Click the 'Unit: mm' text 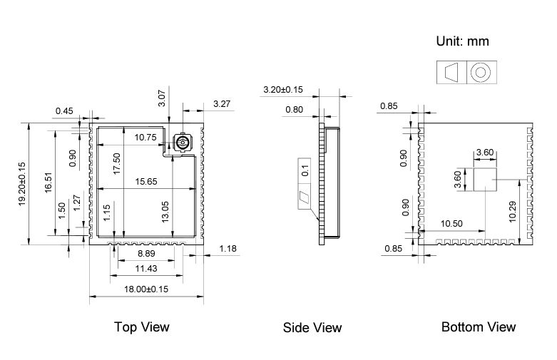tap(463, 41)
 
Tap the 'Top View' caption tap(142, 327)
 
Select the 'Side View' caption tap(312, 328)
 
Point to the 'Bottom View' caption tap(479, 327)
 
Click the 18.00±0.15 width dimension tap(146, 289)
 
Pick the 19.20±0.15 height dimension tap(22, 184)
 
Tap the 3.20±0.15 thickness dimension tap(283, 90)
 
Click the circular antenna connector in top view tap(182, 143)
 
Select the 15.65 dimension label tap(146, 182)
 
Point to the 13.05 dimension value tap(165, 212)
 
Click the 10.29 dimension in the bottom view tap(513, 212)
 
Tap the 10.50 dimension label tap(451, 224)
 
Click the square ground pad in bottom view tap(485, 180)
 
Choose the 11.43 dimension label tap(146, 269)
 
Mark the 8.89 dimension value tap(146, 254)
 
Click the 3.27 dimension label tap(222, 104)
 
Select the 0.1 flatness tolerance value tap(305, 171)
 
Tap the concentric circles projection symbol tap(480, 73)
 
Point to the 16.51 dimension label tap(48, 182)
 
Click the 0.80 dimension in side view tap(294, 110)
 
